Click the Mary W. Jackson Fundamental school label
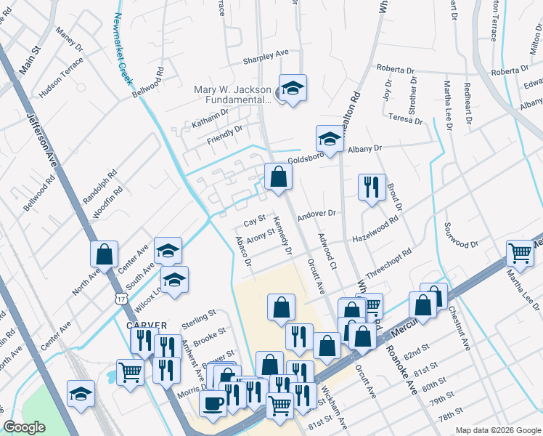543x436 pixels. pyautogui.click(x=232, y=94)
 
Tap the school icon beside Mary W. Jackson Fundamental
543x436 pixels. pyautogui.click(x=293, y=89)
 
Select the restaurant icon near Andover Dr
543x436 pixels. pyautogui.click(x=370, y=187)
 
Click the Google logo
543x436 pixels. pyautogui.click(x=25, y=427)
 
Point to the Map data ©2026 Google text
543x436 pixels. pyautogui.click(x=497, y=430)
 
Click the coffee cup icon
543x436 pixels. pyautogui.click(x=213, y=403)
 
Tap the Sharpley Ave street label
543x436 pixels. pyautogui.click(x=266, y=53)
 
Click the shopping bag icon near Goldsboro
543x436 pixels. pyautogui.click(x=278, y=176)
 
